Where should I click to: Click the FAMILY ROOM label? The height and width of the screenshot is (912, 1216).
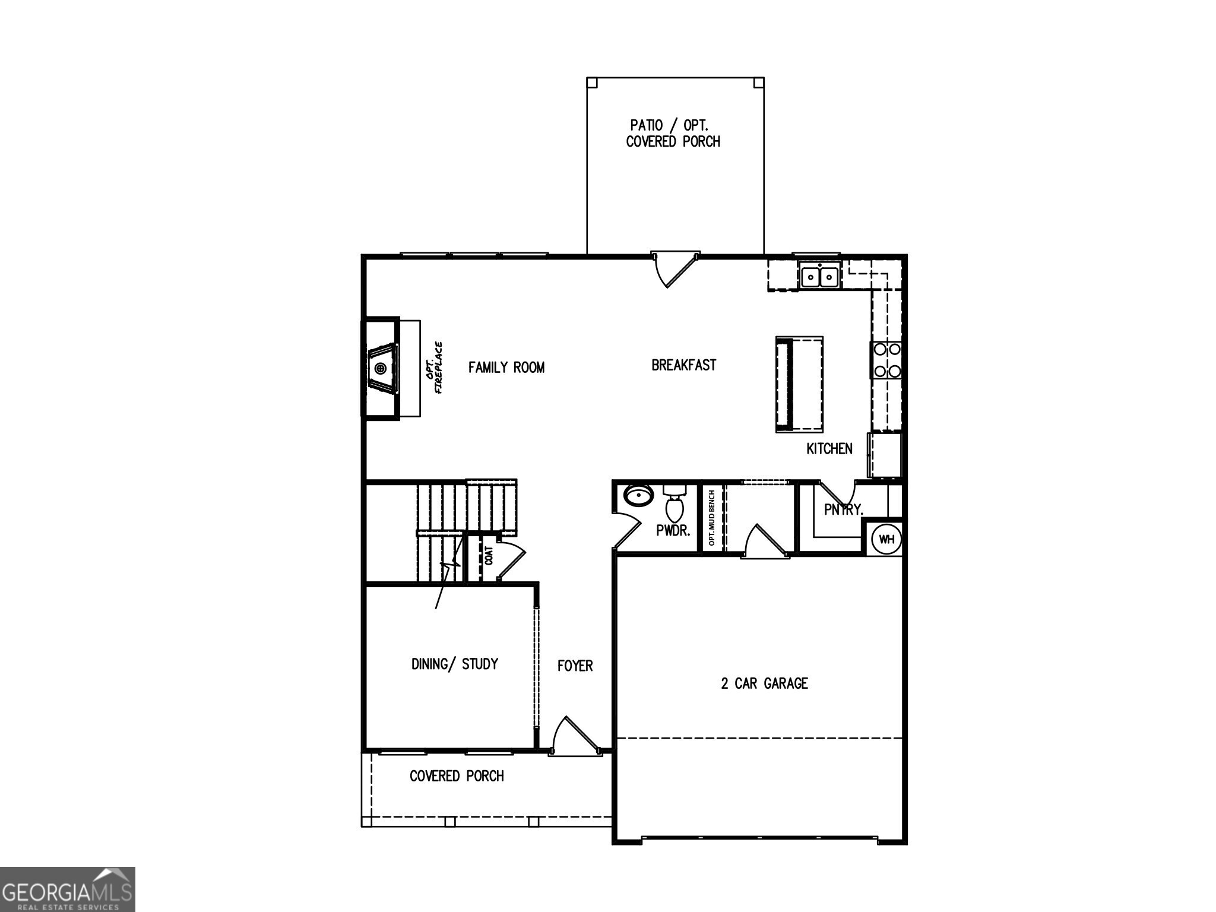(x=506, y=368)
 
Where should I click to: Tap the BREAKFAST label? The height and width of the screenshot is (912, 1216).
(x=683, y=365)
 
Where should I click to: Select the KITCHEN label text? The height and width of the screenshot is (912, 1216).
(x=829, y=449)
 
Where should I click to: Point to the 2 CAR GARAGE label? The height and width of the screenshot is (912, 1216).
(x=764, y=683)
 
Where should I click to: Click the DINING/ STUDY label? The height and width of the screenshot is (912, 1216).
(x=454, y=664)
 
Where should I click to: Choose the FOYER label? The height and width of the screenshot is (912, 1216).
(x=575, y=666)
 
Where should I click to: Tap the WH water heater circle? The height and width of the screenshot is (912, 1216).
(x=886, y=539)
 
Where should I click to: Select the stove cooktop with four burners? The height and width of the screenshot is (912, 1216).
(x=886, y=360)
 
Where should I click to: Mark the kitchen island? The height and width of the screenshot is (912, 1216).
(x=799, y=384)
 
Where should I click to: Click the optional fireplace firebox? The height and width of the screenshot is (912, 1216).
(x=381, y=369)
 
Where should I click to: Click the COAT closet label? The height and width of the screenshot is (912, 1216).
(x=489, y=556)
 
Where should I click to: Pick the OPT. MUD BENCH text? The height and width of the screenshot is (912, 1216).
(x=711, y=518)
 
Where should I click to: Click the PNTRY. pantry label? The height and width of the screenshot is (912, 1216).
(x=843, y=509)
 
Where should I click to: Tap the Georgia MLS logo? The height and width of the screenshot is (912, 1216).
(x=67, y=889)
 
